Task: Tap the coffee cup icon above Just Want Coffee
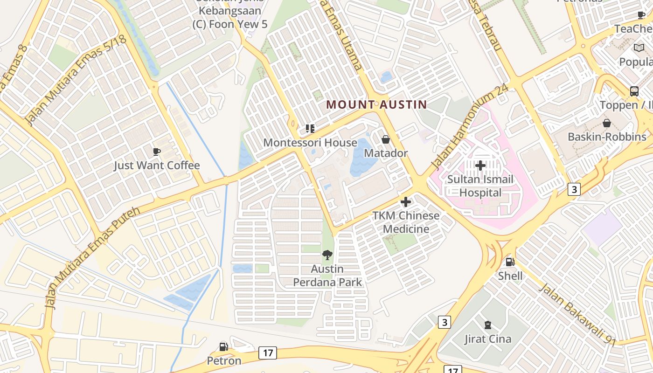(x=157, y=152)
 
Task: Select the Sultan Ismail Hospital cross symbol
(x=480, y=166)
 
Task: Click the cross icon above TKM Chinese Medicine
(x=406, y=202)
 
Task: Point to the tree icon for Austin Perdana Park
(x=327, y=255)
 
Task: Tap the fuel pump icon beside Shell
(x=510, y=262)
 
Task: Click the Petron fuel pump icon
(x=224, y=347)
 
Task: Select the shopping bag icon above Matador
(x=386, y=139)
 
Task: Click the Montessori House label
(x=310, y=143)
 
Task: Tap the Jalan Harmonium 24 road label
(x=469, y=127)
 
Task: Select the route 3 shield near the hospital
(x=574, y=189)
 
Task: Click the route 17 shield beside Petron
(x=268, y=353)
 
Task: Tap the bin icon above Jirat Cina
(x=488, y=325)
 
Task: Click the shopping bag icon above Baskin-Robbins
(x=607, y=123)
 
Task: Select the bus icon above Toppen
(x=634, y=91)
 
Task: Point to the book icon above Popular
(x=639, y=48)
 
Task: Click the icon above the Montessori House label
(x=310, y=128)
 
